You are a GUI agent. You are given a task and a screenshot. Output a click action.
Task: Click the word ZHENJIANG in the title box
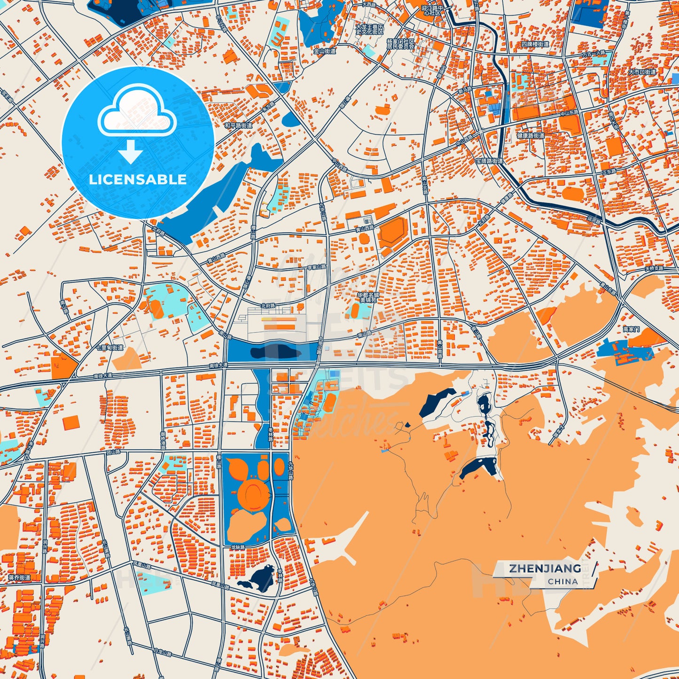point(545,569)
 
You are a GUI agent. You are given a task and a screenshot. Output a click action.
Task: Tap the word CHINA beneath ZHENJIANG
point(562,581)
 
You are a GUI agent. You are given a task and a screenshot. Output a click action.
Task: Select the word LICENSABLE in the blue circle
point(138,180)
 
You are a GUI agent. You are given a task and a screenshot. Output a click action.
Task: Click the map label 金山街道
point(325,51)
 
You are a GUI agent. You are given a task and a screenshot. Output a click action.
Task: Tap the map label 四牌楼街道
point(535,44)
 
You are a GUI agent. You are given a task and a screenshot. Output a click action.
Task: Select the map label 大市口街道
point(642,72)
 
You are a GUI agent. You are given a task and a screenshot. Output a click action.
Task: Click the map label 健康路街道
point(531,136)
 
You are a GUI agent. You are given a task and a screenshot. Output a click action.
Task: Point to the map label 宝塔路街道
point(489,161)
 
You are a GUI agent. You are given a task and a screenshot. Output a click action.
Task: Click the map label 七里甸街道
point(109,348)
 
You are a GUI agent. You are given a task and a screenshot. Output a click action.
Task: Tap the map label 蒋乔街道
point(19,578)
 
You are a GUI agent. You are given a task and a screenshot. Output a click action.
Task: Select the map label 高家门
point(631,329)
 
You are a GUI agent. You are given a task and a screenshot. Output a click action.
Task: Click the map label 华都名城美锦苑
point(368,297)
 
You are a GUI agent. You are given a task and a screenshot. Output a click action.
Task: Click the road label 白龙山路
point(163,653)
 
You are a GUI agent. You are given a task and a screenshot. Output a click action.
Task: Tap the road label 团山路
point(113,452)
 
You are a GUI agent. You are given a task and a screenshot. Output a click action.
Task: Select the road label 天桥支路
point(654,268)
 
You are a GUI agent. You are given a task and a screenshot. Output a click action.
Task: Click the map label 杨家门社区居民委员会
point(401,44)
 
